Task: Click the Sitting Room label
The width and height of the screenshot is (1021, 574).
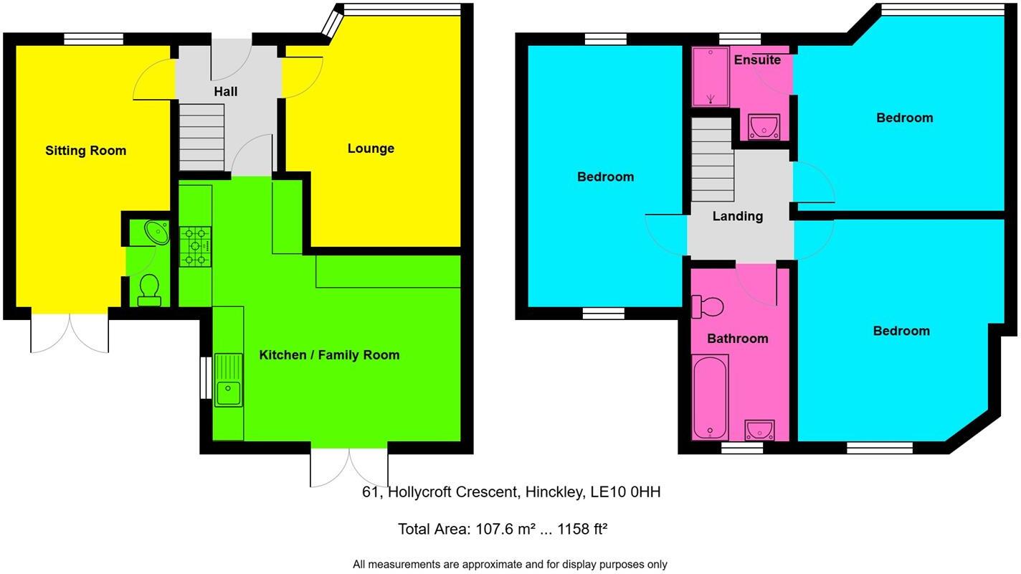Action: (x=85, y=151)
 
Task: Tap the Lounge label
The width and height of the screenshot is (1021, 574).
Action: (x=371, y=149)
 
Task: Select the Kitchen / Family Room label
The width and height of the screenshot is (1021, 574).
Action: (x=329, y=355)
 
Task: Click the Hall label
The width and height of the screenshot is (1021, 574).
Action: (x=225, y=92)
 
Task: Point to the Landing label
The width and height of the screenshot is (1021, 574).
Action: (x=737, y=216)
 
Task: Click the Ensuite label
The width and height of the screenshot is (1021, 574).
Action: (x=757, y=60)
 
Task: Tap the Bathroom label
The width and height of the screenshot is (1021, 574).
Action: (x=737, y=339)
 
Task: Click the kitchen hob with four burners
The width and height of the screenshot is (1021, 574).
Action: (x=195, y=247)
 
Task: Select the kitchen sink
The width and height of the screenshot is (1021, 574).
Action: (x=229, y=391)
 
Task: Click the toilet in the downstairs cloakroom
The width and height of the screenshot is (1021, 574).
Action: (x=149, y=289)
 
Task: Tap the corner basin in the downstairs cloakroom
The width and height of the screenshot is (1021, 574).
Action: (x=156, y=232)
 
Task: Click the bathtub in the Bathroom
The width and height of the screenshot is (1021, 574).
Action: (x=710, y=398)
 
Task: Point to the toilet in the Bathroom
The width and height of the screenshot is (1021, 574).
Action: (x=708, y=306)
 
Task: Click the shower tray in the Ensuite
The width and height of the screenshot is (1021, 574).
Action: (x=710, y=77)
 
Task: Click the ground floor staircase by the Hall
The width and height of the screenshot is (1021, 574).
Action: (x=201, y=137)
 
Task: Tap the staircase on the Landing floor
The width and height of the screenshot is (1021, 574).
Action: (x=712, y=159)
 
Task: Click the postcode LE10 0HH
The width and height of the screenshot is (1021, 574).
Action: (x=625, y=492)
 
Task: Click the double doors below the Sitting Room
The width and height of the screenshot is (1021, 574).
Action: (x=70, y=334)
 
